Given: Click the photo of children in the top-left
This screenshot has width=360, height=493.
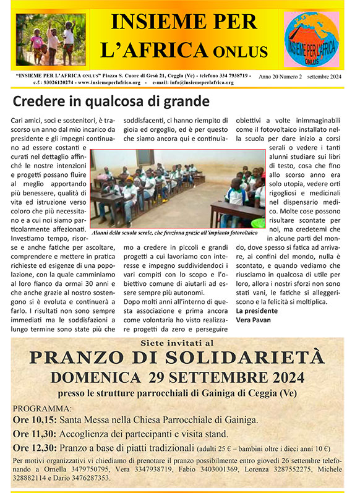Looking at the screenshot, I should click(x=42, y=39).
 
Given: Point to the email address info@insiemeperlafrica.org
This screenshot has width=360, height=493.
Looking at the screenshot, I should click(x=205, y=82).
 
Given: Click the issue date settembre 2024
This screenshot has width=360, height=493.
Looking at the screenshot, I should click(x=328, y=75).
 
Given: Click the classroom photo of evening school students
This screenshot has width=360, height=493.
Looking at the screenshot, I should click(x=178, y=187).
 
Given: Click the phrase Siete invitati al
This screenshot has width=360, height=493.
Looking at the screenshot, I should click(x=179, y=341).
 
